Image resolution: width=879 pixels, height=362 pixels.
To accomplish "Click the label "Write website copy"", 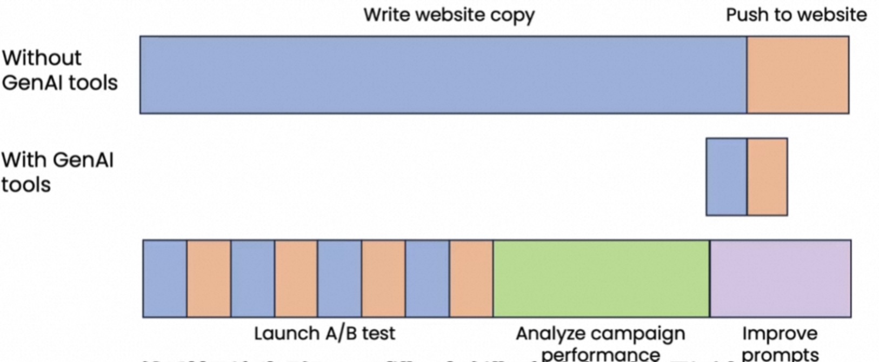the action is [449, 15].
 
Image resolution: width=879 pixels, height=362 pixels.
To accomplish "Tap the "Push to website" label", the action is [796, 15].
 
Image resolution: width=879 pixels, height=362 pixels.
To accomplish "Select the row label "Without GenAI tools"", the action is [59, 70].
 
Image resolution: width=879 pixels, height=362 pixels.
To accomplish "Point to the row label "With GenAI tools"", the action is [57, 172].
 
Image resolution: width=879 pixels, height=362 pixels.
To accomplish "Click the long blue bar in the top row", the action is [443, 75].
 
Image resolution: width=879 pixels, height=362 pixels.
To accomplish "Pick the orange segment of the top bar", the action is [797, 75].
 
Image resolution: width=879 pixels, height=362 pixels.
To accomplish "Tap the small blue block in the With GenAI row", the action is [727, 177].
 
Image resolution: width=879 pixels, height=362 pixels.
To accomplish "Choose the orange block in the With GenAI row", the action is [767, 177].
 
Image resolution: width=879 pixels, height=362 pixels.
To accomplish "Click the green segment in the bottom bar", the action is [601, 278].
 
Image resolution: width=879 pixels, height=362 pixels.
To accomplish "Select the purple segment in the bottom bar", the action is [780, 278].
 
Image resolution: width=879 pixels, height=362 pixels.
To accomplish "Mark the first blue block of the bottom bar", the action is [165, 278].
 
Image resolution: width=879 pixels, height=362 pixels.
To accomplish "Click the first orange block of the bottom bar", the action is [209, 278].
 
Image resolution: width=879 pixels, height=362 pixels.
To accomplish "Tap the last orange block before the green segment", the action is [471, 278].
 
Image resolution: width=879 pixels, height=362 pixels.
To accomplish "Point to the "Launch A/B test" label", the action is [324, 333].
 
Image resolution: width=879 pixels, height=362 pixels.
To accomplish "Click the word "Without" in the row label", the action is [42, 58].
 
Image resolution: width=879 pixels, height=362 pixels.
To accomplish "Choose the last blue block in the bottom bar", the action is [427, 278].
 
